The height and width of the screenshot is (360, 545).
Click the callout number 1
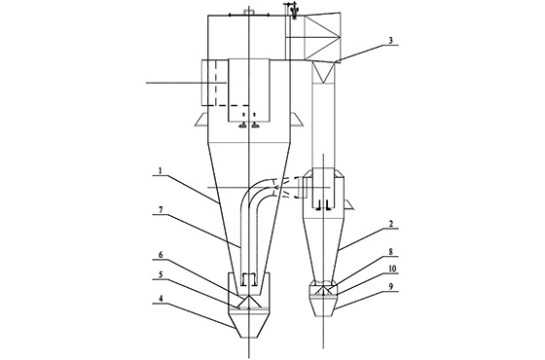tap(161, 171)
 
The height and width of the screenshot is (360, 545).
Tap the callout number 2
tap(391, 224)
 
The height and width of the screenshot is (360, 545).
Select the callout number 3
tap(390, 40)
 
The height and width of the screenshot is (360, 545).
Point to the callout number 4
tap(161, 299)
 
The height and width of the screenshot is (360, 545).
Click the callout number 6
tap(161, 255)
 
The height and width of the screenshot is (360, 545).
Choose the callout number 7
tap(161, 210)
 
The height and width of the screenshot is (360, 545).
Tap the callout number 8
tap(391, 252)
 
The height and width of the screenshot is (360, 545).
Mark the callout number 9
tap(391, 286)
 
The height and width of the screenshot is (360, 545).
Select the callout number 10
tap(392, 269)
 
